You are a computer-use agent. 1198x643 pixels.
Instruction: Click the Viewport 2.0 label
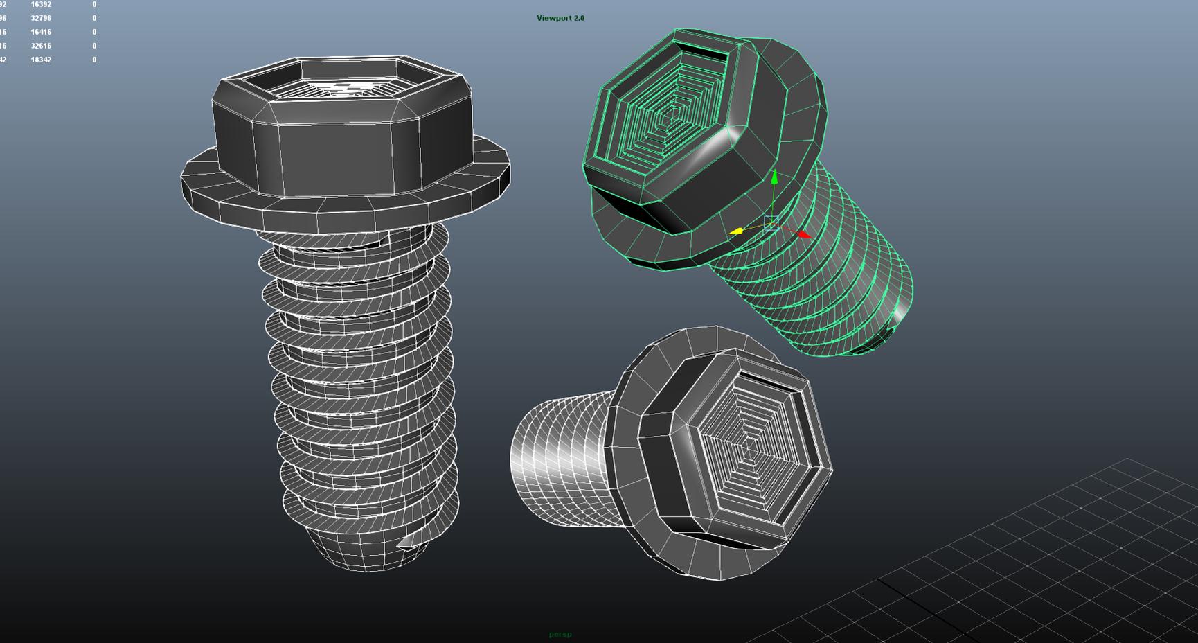[560, 18]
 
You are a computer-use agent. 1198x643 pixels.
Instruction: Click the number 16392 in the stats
[41, 4]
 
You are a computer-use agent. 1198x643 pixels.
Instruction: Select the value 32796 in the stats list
[41, 18]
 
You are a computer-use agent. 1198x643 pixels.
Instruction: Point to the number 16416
[41, 32]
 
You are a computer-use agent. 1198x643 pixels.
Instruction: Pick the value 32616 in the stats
[41, 46]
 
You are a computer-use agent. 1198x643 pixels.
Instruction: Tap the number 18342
[41, 60]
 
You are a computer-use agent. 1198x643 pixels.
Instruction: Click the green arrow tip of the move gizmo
[774, 177]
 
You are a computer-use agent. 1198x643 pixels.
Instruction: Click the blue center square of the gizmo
[771, 223]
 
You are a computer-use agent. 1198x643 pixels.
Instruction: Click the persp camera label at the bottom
[560, 634]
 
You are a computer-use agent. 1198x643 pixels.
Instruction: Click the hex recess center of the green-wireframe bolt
[668, 114]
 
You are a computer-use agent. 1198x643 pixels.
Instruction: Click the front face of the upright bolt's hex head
[337, 158]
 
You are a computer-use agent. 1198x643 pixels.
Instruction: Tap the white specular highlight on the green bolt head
[713, 149]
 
